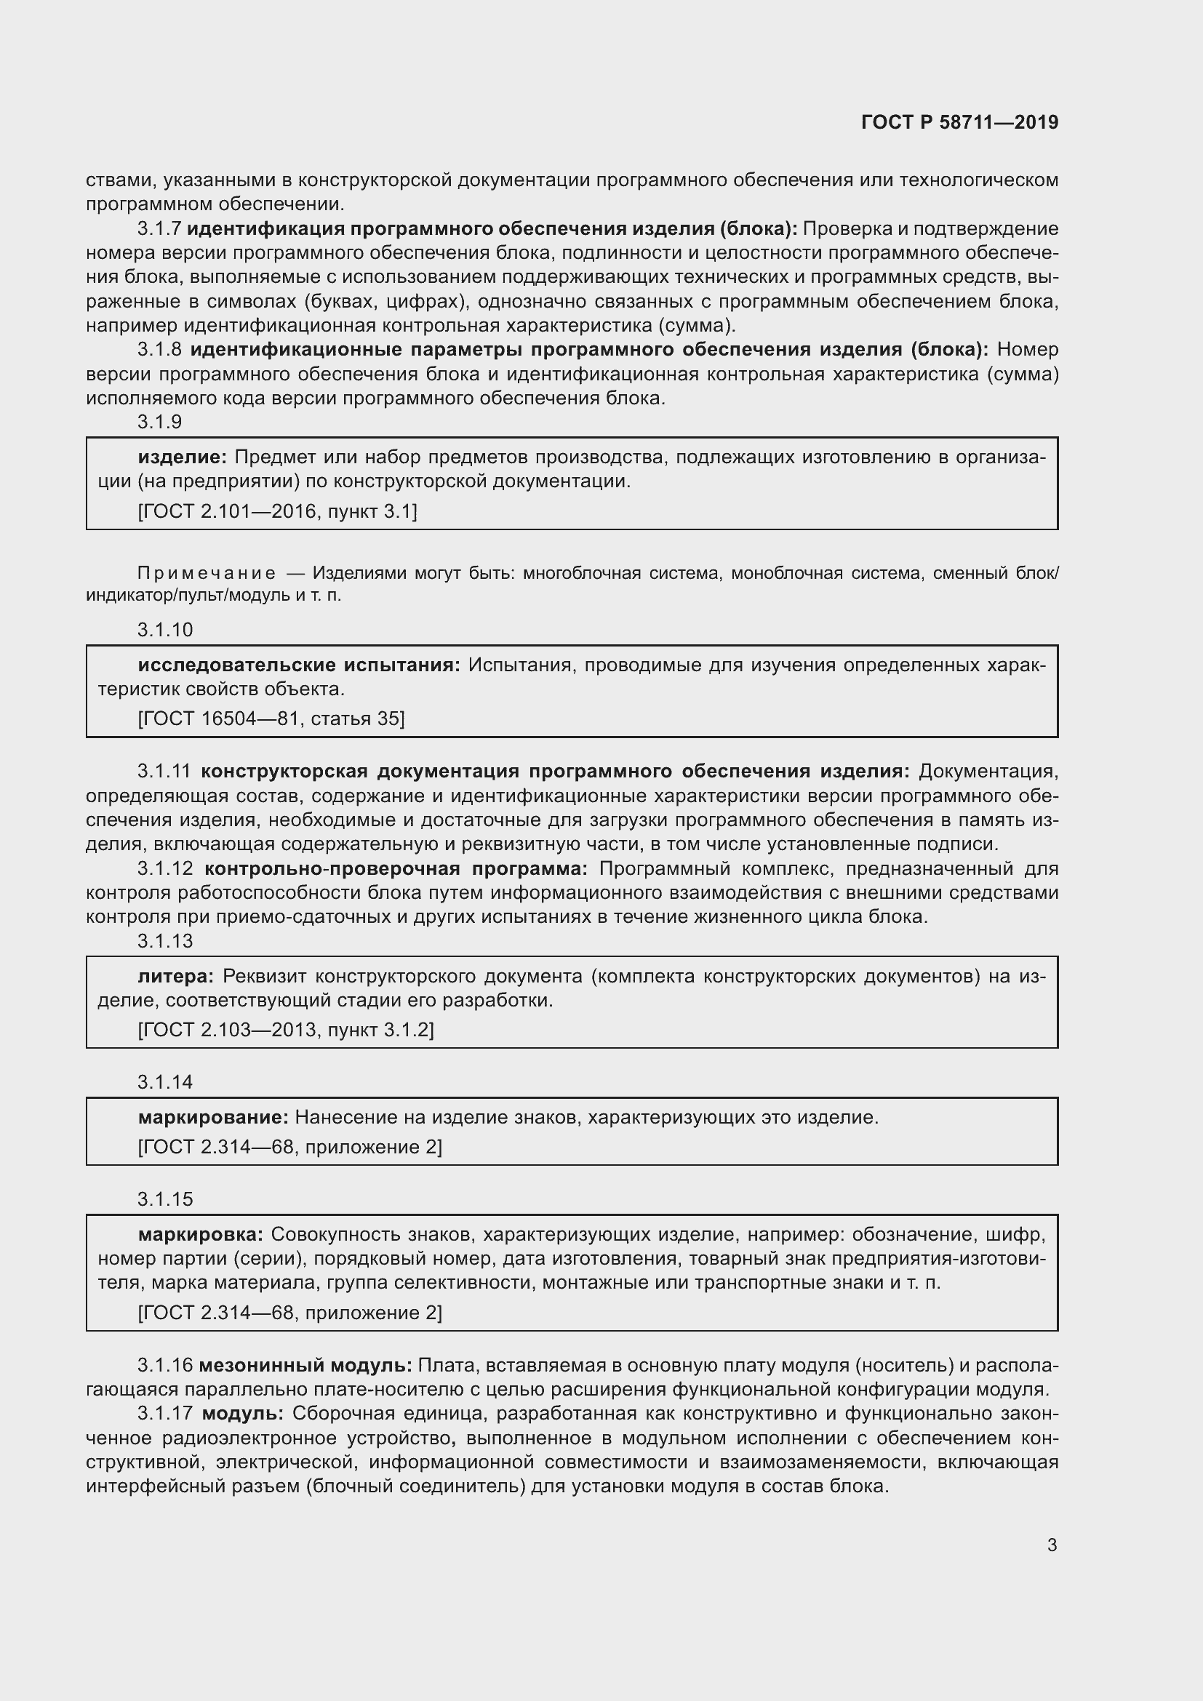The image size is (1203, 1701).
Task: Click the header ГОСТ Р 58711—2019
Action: tap(959, 122)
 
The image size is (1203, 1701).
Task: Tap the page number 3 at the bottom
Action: tap(1052, 1545)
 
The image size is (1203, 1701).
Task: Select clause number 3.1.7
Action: tap(159, 229)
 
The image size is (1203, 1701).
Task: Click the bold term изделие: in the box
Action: tap(183, 458)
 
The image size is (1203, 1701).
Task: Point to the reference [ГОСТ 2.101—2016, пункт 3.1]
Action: tap(277, 511)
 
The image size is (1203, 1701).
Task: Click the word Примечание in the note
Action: tap(207, 573)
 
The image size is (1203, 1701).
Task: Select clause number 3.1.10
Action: tap(164, 630)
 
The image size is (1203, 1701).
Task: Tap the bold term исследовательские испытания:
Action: tap(298, 665)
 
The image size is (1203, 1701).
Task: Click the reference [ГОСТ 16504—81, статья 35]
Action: tap(271, 719)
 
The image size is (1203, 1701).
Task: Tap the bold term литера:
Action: tap(175, 977)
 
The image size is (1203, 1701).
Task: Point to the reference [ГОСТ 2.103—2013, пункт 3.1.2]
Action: tap(286, 1030)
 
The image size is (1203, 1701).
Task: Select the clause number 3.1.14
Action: tap(164, 1082)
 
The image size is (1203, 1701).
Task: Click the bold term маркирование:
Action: tap(213, 1117)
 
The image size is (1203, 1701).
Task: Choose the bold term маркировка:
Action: tap(200, 1234)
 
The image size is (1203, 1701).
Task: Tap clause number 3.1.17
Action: tap(164, 1414)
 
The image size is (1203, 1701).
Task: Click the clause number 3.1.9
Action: tap(159, 423)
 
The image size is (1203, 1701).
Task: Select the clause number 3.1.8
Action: tap(159, 350)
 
